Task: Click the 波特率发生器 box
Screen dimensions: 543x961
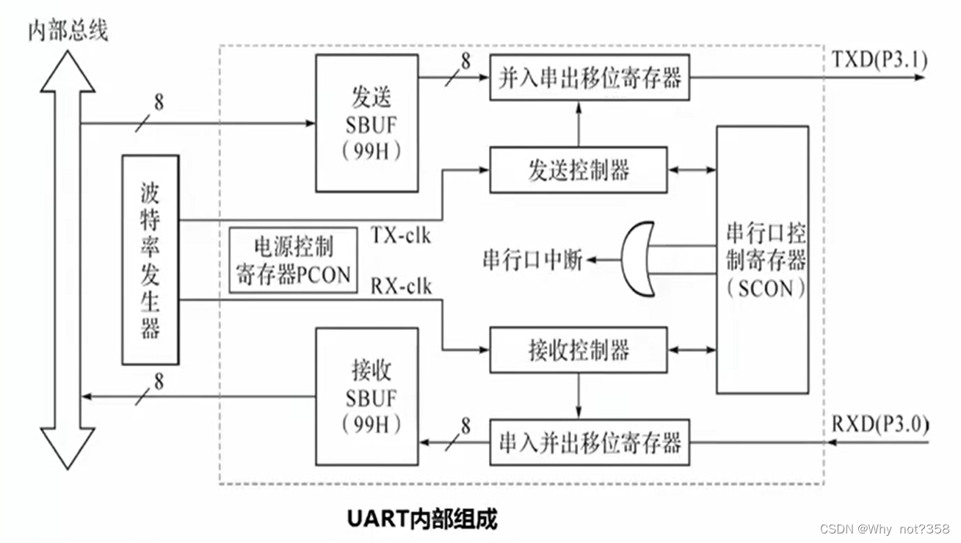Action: tap(150, 260)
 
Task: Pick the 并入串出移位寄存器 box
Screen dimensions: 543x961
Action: tap(590, 77)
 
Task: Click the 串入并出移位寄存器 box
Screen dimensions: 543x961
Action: tap(590, 442)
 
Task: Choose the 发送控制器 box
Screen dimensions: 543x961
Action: tap(579, 170)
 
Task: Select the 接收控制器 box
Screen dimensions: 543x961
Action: tap(579, 350)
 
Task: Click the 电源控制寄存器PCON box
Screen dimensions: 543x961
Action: tap(291, 260)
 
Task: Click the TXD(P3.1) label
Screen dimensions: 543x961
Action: tap(880, 59)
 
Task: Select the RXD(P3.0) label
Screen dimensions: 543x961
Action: tap(880, 424)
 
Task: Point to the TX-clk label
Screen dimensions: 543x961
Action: tap(401, 236)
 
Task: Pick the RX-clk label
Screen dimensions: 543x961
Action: tap(401, 286)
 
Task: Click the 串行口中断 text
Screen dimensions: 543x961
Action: tap(532, 260)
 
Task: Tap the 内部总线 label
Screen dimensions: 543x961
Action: tap(68, 31)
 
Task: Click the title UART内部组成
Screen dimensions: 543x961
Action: tap(421, 519)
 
